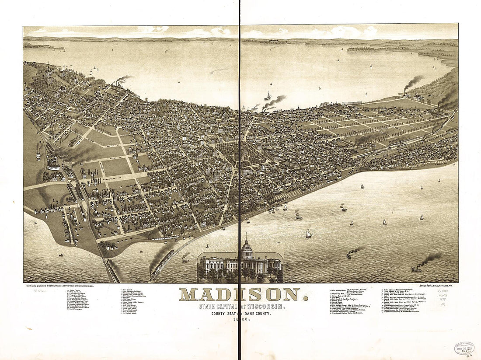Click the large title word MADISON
point(240,294)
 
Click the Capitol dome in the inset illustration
point(247,250)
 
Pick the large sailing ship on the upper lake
point(268,97)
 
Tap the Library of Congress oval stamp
point(464,348)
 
